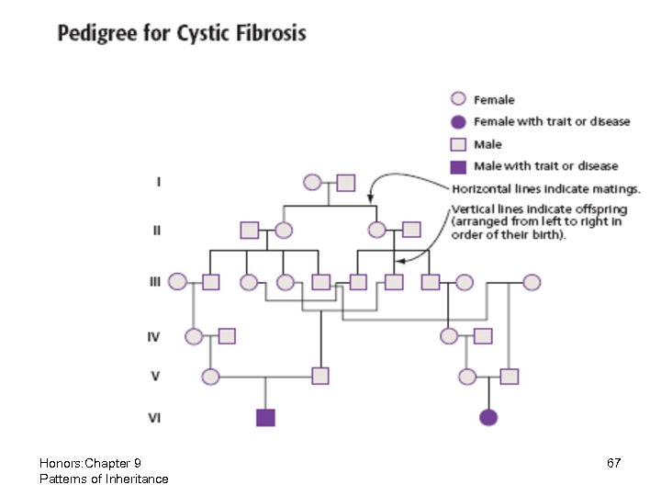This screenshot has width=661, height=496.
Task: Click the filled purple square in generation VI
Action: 265,418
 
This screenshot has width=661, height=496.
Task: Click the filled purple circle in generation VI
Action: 488,418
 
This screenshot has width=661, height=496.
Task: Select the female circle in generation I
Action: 312,183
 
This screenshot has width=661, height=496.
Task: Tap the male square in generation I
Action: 345,183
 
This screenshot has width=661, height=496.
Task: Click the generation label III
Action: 155,282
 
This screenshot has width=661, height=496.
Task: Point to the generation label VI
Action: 155,417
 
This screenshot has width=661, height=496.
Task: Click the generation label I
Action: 159,182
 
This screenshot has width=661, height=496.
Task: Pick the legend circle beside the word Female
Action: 458,100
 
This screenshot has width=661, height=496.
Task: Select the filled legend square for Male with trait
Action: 458,167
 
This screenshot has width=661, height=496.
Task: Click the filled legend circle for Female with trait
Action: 458,122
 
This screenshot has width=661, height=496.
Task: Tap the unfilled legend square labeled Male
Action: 458,145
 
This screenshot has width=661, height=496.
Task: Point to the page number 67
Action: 614,464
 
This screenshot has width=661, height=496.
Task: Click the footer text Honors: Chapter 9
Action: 90,463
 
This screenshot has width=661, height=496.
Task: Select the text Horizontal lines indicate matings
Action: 545,188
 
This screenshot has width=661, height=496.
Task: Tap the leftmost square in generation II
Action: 249,230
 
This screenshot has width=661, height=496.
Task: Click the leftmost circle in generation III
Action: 178,282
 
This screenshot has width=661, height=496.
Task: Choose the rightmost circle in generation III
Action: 531,282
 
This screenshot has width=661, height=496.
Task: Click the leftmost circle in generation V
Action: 211,376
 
